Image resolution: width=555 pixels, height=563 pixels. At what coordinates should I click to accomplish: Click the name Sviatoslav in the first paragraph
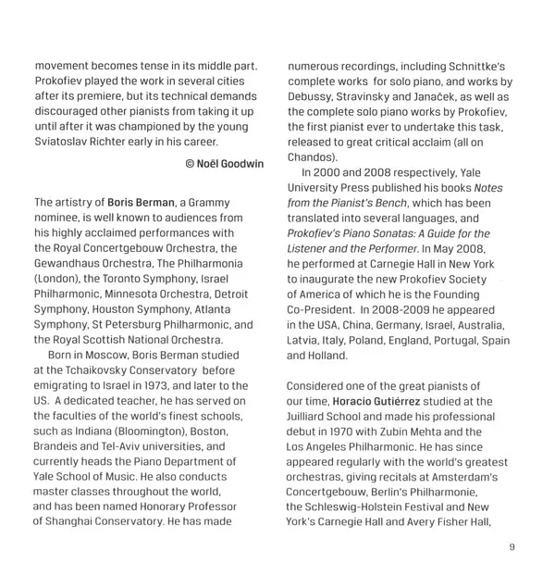(65, 142)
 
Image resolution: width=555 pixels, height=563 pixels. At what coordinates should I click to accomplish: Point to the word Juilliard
(320, 415)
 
